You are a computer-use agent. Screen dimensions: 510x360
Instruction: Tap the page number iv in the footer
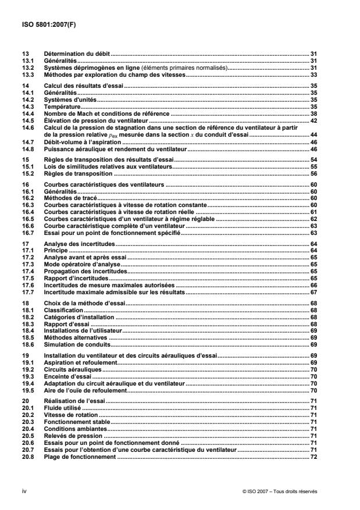tap(23, 491)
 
